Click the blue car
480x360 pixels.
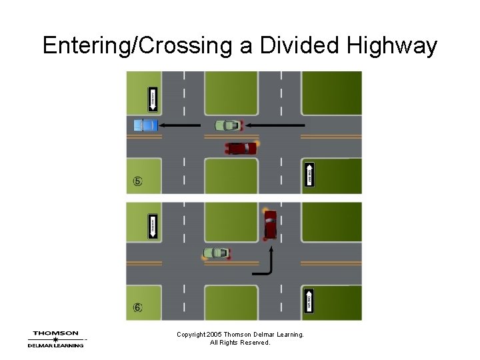click(x=145, y=125)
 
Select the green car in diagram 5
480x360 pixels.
click(x=228, y=125)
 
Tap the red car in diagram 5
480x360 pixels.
click(x=241, y=148)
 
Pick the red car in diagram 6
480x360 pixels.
click(x=270, y=225)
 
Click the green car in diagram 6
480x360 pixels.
click(x=216, y=253)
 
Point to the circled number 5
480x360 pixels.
click(x=137, y=181)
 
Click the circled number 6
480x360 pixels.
click(x=137, y=308)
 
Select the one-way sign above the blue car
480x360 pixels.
click(x=153, y=100)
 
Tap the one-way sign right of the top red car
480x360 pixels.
click(x=309, y=175)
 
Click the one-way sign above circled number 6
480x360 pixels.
click(x=153, y=227)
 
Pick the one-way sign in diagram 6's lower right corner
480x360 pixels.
click(x=309, y=302)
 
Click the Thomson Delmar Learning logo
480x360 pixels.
click(x=56, y=339)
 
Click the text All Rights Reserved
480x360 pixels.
click(x=240, y=343)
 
